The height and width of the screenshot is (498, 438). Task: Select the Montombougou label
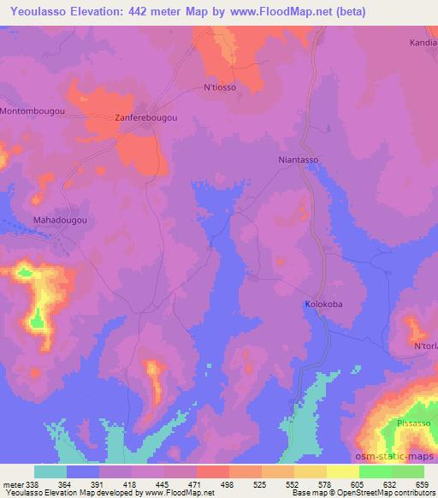tap(33, 112)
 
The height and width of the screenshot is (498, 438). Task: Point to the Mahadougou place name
tap(60, 220)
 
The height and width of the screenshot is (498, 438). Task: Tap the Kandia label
tap(423, 41)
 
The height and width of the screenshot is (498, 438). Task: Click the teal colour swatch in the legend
tap(50, 471)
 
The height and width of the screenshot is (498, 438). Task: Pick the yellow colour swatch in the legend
tap(342, 471)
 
